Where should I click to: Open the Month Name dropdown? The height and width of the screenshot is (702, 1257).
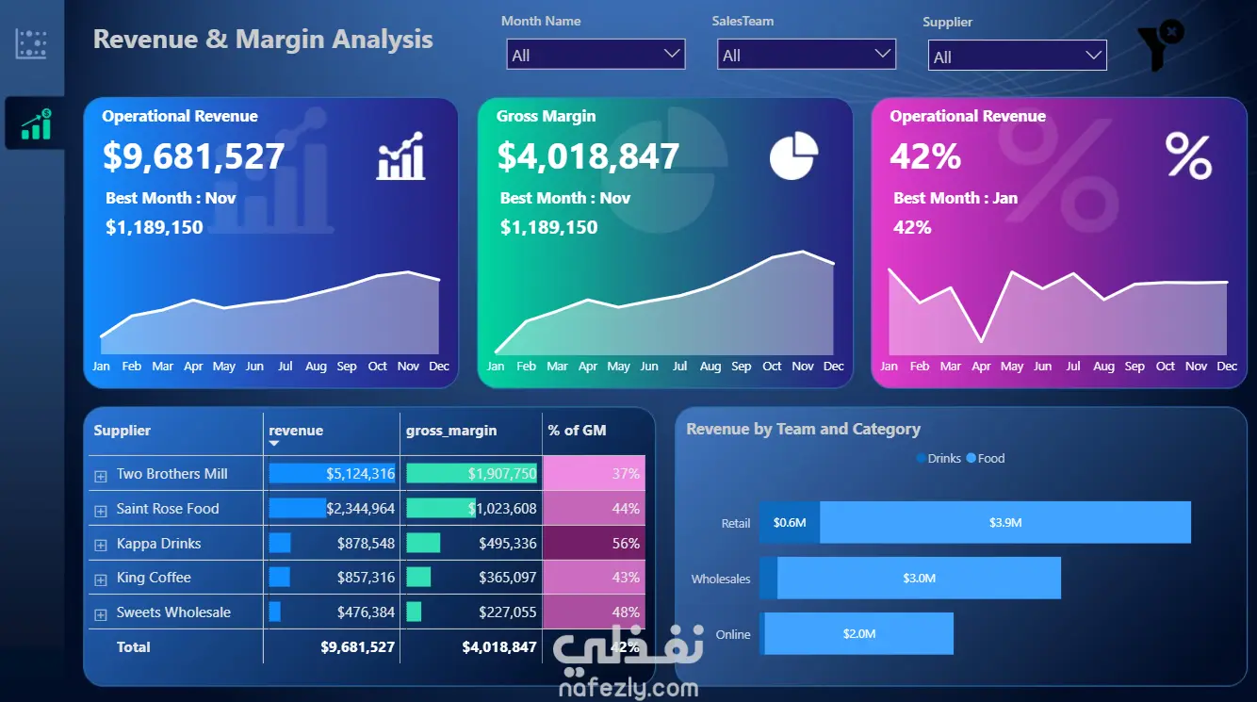coord(596,55)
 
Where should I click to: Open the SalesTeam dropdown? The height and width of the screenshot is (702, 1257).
coord(807,55)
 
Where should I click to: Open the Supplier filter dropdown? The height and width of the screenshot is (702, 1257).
coord(1017,55)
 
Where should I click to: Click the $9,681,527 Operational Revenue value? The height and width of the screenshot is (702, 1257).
coord(194,155)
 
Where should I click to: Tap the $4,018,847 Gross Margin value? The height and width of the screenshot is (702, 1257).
coord(588,155)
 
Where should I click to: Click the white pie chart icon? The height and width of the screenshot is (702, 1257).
coord(793,155)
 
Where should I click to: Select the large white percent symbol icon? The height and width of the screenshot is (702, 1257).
coord(1188,155)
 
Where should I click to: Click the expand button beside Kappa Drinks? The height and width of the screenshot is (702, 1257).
coord(101,545)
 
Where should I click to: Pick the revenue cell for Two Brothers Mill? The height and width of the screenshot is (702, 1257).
coord(332,474)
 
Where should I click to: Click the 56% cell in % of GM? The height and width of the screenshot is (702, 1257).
coord(594,543)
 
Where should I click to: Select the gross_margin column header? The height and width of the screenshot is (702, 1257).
coord(451,431)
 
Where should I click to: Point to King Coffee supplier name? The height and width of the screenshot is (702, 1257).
coord(154,578)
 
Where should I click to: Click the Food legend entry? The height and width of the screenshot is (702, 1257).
coord(986,459)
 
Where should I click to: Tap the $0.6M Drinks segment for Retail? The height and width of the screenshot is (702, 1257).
coord(790,522)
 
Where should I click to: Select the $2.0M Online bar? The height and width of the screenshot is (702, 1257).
coord(858,633)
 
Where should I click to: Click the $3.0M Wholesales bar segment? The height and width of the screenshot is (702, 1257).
coord(919,578)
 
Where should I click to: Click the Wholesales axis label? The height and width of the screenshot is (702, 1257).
coord(721,580)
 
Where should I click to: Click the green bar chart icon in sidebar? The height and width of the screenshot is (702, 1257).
coord(37,124)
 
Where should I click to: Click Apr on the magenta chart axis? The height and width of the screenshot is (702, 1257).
coord(981,367)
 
